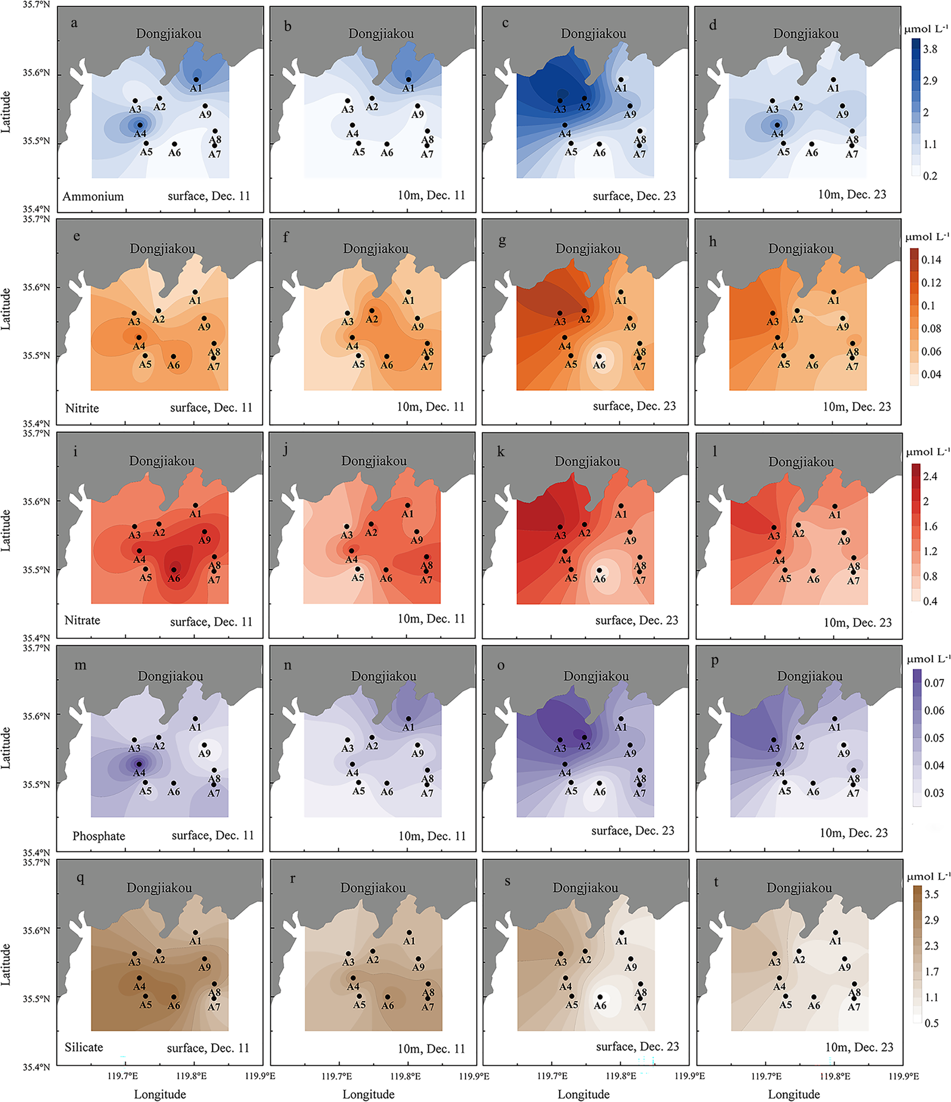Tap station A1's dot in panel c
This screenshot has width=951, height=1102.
tap(621, 80)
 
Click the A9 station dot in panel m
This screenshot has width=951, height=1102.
tap(204, 745)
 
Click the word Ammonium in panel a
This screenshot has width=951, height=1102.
tap(93, 196)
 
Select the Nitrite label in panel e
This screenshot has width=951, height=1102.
tap(82, 408)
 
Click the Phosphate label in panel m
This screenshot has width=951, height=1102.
tap(98, 836)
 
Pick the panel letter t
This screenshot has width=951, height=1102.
tap(716, 882)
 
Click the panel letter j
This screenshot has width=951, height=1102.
tap(286, 450)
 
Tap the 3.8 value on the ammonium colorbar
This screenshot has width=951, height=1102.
tap(930, 49)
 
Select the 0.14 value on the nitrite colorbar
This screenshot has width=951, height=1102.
tap(931, 260)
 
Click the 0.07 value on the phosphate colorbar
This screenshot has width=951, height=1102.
tap(934, 683)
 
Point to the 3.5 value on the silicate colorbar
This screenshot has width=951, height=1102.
tap(931, 894)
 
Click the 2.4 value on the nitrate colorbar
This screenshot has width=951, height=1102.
tap(930, 476)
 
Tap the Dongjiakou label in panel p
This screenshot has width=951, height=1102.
tap(809, 676)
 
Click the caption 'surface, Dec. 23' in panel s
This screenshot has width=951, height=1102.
tap(637, 1046)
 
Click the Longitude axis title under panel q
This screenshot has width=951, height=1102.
tap(160, 1094)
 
